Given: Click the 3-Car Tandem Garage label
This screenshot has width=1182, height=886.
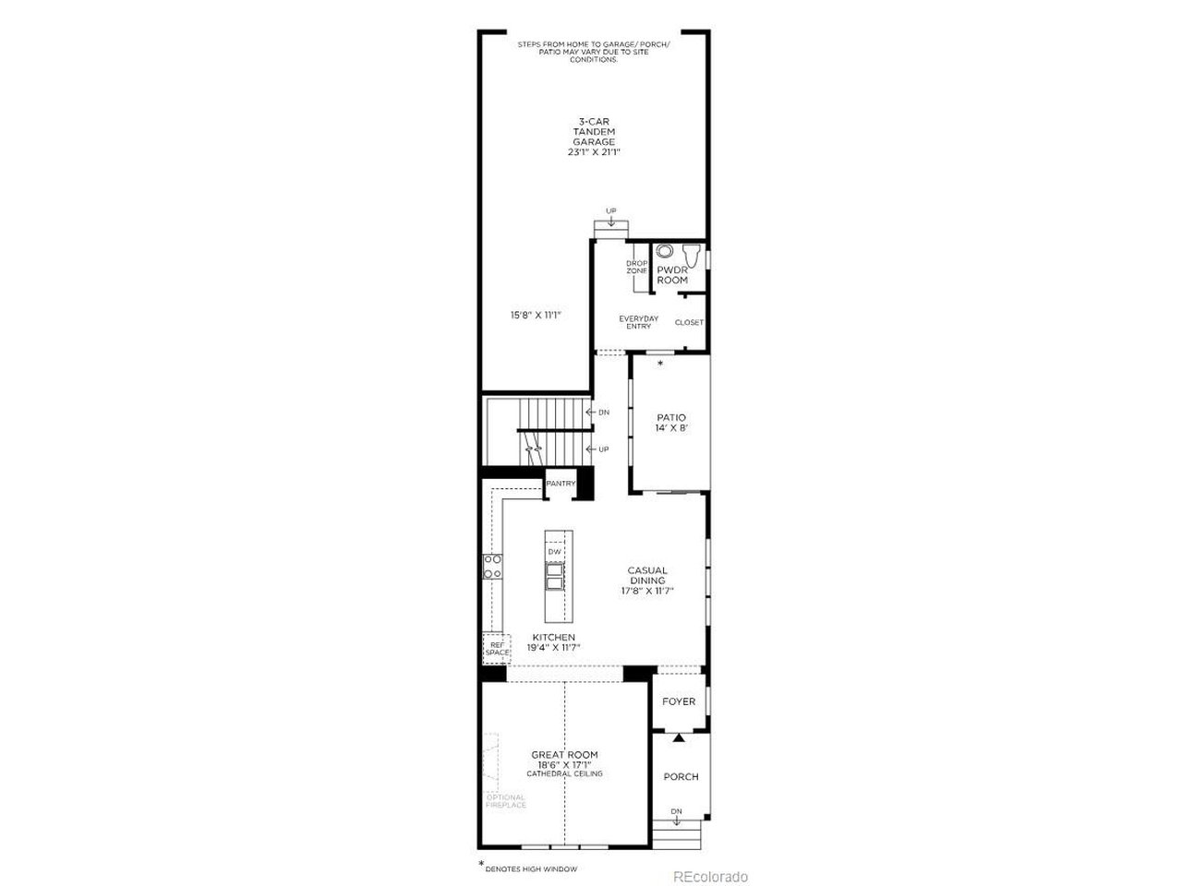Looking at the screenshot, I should (x=594, y=137).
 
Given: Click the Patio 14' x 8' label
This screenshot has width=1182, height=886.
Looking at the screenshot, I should (x=671, y=423).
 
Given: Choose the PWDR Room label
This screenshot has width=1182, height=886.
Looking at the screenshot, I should (x=672, y=275).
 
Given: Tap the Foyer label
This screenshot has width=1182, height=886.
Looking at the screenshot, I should (x=679, y=701).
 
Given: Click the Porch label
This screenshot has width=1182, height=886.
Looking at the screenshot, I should (x=681, y=776).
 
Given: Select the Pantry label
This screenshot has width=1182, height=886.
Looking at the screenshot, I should (x=561, y=484).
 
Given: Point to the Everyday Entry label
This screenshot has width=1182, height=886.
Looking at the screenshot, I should (x=639, y=322).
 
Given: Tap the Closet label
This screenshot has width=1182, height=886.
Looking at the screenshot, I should (x=689, y=322).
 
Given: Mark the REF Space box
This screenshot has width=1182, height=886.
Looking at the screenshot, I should (x=497, y=648).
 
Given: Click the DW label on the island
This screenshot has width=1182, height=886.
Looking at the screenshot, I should (x=554, y=552).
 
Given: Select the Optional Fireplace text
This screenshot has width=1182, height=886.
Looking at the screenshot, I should (x=506, y=801).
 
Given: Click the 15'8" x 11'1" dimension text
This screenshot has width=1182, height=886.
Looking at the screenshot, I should (x=537, y=315).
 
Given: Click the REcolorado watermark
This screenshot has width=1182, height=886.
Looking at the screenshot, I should (x=709, y=876).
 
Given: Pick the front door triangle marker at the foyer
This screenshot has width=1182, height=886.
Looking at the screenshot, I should (x=680, y=736).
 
